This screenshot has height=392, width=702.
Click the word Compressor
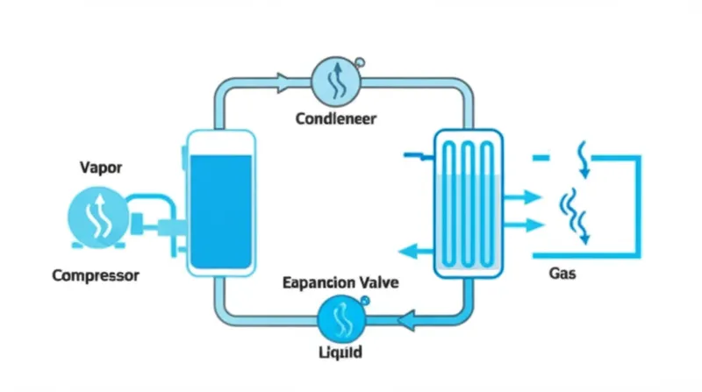[x=96, y=275]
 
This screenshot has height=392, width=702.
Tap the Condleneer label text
[x=335, y=118]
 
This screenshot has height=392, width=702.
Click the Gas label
[x=562, y=274]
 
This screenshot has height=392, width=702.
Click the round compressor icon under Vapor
[x=96, y=218]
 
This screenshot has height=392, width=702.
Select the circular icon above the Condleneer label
[x=335, y=82]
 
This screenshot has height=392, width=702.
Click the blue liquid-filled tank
[x=221, y=210]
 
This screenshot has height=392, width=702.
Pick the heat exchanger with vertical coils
[x=472, y=203]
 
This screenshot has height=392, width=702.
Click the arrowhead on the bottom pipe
[x=408, y=321]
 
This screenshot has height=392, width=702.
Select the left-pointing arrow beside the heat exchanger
[x=411, y=253]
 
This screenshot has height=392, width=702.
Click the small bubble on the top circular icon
[x=359, y=61]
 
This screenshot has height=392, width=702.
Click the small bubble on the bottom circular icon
[x=364, y=301]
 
